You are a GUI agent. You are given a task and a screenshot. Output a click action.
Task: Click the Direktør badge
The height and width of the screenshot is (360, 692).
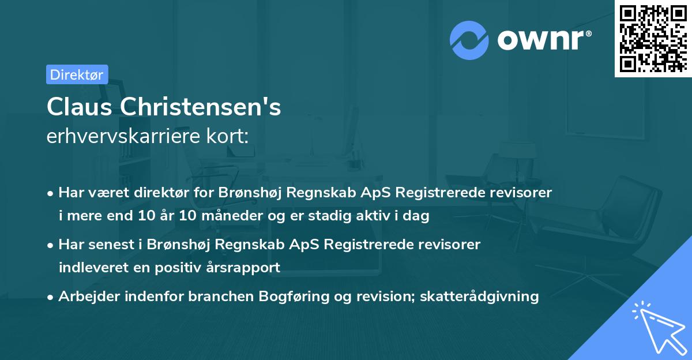click(77, 74)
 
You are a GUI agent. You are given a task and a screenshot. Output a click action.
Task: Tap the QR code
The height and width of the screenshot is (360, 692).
click(652, 39)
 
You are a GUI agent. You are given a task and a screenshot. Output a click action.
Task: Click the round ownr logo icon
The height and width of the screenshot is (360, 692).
click(468, 40)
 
